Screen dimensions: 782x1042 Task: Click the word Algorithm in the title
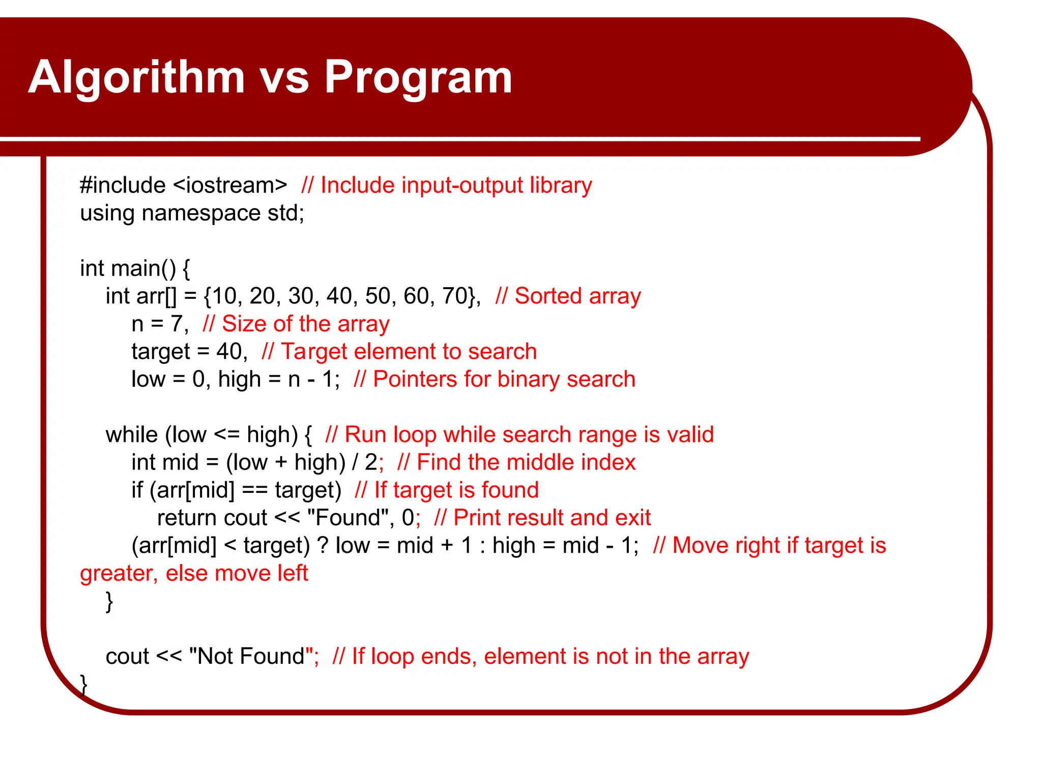tap(136, 77)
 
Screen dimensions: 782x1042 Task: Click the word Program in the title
tap(418, 77)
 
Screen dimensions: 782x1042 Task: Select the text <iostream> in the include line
tap(230, 185)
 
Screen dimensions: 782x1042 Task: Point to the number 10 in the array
tap(224, 296)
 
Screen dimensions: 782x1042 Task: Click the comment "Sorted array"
tap(577, 296)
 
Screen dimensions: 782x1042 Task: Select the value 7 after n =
tap(177, 324)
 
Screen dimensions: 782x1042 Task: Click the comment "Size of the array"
tap(305, 324)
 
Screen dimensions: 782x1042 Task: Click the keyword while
tap(132, 435)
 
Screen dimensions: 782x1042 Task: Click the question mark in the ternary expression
tap(323, 546)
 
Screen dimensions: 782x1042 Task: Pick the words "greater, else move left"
tap(194, 573)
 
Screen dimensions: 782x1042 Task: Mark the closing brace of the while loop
tap(109, 601)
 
